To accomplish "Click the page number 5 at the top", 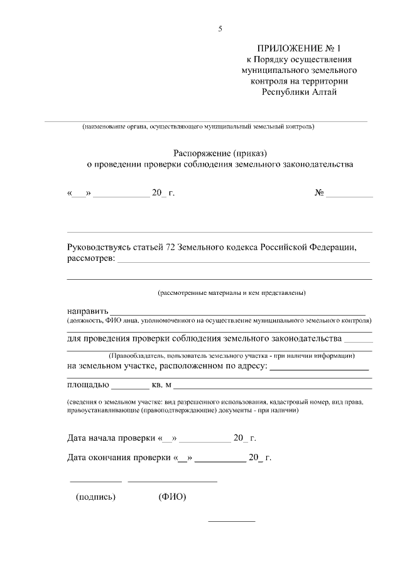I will click(x=220, y=29).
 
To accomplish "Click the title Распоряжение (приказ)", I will click(x=220, y=153).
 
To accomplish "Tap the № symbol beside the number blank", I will click(x=319, y=192).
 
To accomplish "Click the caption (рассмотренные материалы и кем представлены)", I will click(x=231, y=292).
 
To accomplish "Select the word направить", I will click(x=88, y=311).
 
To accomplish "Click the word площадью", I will click(x=88, y=384).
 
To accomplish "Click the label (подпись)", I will click(x=95, y=497).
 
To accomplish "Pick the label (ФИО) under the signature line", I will click(x=172, y=497).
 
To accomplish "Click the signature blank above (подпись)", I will click(x=95, y=481).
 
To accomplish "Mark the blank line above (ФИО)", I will click(x=172, y=481).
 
